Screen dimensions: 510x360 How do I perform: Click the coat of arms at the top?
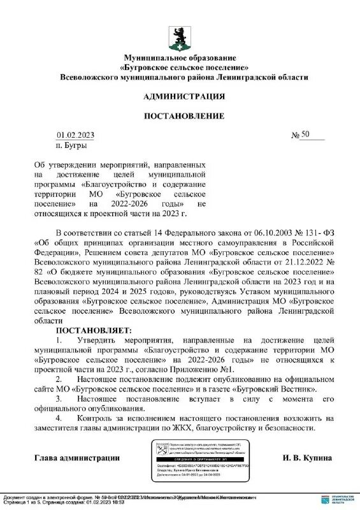180,36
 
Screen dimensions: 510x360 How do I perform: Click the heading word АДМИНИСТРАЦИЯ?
184,96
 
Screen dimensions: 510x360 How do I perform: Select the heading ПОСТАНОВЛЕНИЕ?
184,116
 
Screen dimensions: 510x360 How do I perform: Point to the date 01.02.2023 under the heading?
75,135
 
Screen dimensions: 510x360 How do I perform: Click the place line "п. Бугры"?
70,145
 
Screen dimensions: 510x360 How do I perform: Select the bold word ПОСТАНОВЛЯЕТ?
94,330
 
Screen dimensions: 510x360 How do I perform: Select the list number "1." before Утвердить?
58,341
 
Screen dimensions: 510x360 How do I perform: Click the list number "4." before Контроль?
58,418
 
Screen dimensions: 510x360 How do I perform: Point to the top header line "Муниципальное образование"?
184,58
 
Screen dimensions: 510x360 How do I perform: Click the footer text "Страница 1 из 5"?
19,502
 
